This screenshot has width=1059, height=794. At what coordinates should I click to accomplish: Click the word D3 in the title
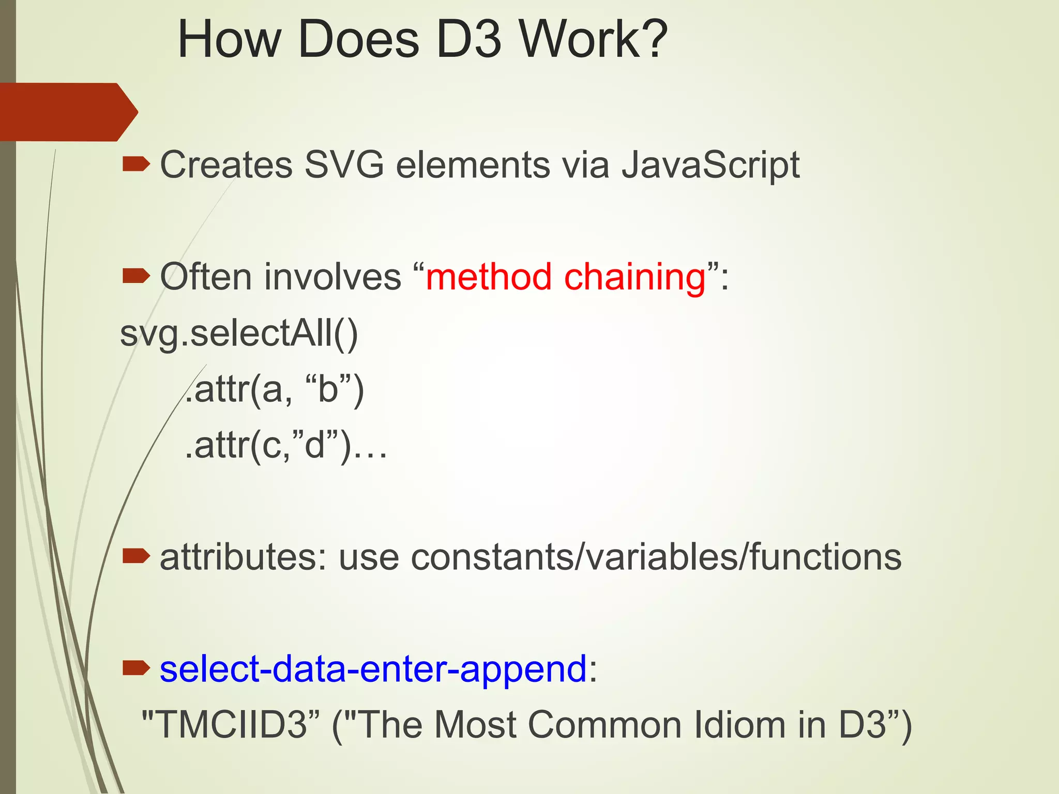click(468, 40)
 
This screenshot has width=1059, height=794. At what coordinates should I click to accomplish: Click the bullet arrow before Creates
click(136, 165)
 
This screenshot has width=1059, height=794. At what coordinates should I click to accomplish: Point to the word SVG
click(344, 165)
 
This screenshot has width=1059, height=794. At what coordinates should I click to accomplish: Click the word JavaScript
click(710, 166)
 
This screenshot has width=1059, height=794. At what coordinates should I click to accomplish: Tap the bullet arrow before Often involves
click(136, 277)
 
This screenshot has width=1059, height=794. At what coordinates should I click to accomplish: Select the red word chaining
click(634, 278)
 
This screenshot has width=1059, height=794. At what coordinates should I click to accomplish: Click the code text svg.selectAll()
click(238, 334)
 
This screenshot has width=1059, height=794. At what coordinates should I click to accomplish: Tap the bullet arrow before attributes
click(136, 557)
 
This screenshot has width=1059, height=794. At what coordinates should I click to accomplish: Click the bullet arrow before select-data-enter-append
click(136, 668)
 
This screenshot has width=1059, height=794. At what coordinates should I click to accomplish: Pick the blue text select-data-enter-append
click(373, 669)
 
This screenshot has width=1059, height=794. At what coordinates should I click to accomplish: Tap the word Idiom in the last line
click(740, 724)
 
